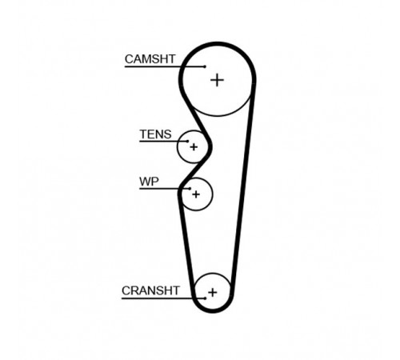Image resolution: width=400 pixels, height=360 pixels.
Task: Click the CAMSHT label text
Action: tap(150, 59)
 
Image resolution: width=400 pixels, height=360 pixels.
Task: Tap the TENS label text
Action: tap(155, 134)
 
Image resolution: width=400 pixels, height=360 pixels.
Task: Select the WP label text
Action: tap(149, 182)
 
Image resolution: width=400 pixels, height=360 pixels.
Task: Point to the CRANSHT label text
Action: tap(150, 290)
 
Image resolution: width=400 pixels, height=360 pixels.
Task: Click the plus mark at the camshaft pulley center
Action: tap(217, 80)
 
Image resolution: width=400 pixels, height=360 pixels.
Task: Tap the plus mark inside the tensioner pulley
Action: tap(194, 147)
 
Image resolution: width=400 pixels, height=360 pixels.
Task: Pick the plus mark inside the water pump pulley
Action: tap(196, 194)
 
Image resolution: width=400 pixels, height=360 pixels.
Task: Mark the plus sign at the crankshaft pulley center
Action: tap(213, 293)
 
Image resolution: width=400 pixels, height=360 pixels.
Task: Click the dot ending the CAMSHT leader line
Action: tap(205, 66)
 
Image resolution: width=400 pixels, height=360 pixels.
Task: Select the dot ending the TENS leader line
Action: tap(188, 141)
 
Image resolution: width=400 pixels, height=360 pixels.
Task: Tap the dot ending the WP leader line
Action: tap(190, 189)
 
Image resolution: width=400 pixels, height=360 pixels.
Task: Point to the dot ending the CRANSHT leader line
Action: tap(205, 298)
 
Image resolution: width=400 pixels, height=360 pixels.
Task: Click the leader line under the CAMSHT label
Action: tap(165, 66)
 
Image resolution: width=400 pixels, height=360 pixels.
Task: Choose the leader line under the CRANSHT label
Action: tap(163, 298)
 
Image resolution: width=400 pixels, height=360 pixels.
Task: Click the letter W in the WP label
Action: tap(145, 182)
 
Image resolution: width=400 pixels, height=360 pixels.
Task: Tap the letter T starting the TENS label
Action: tap(143, 134)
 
